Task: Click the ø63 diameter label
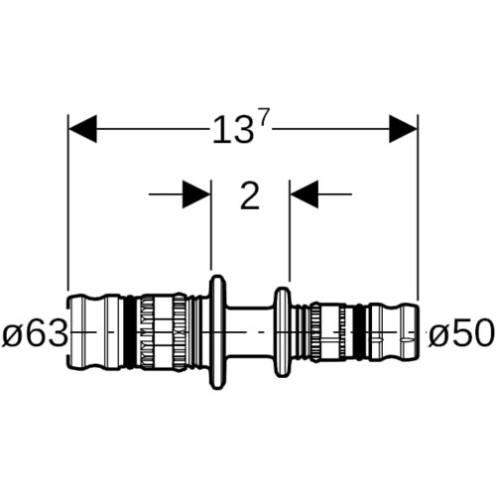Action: coord(35,333)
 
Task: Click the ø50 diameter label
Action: coord(460,333)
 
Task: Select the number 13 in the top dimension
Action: coord(233,131)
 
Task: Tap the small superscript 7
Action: coord(262,121)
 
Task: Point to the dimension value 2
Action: coord(250,195)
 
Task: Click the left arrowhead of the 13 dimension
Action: coord(82,129)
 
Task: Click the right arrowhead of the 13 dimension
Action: coord(403,129)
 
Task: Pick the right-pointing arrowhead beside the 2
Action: coord(196,194)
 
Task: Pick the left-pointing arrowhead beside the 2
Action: coord(305,194)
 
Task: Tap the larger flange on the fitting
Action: coord(217,332)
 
